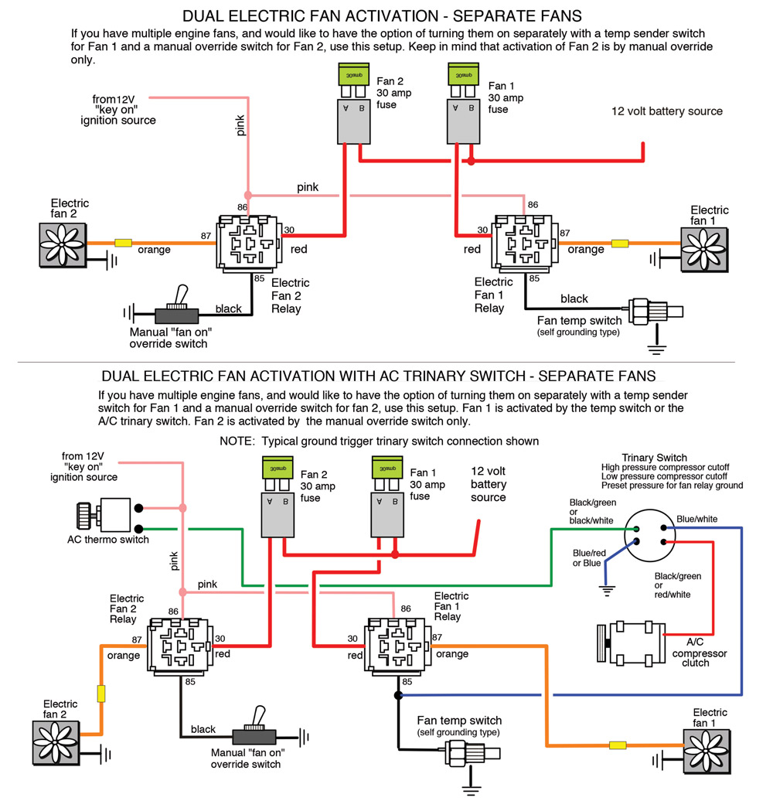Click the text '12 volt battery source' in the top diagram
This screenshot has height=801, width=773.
pos(667,111)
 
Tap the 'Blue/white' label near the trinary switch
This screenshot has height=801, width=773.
pos(698,519)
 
